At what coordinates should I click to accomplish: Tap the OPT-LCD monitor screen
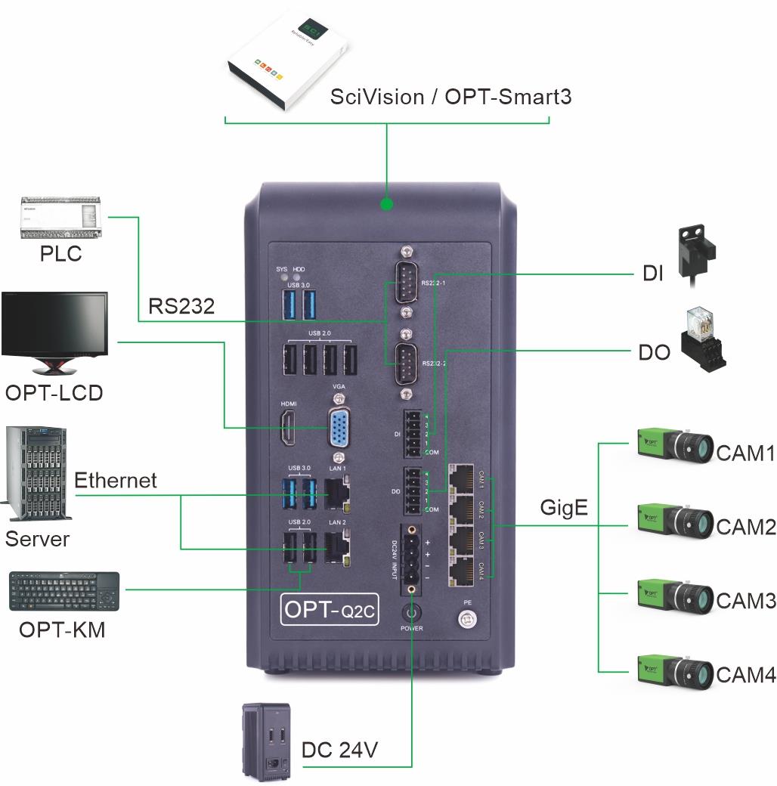[54, 323]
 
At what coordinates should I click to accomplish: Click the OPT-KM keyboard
[64, 592]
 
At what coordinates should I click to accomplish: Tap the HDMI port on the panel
[289, 429]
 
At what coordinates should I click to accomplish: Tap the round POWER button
[413, 612]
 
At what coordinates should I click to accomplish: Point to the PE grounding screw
[468, 619]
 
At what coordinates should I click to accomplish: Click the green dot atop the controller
[387, 204]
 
